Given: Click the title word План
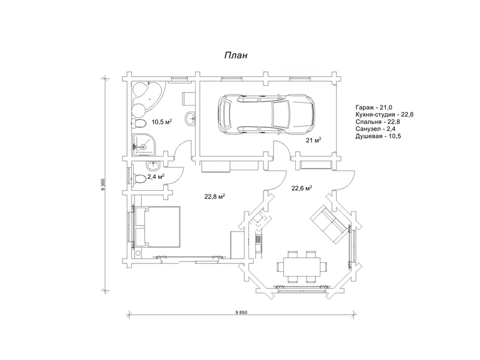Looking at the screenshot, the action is click(236, 55).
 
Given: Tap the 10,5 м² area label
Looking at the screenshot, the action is click(161, 122).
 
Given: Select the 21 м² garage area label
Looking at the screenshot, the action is click(313, 140).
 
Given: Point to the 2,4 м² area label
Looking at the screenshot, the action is click(156, 176).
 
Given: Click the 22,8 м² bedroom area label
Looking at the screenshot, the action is click(215, 196).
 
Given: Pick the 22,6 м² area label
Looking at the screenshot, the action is click(302, 188).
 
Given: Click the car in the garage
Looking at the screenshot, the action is click(266, 113).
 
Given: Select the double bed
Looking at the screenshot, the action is click(158, 227).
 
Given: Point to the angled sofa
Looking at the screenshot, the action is click(329, 224).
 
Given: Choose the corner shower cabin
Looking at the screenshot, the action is click(144, 145).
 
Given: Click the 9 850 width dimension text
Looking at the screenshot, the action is click(241, 313).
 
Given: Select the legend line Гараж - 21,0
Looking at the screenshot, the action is click(374, 107).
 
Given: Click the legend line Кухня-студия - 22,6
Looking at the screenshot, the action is click(385, 115).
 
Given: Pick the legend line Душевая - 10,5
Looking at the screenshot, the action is click(378, 136).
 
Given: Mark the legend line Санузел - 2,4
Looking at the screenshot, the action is click(376, 129).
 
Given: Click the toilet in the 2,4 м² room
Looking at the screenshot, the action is click(139, 179).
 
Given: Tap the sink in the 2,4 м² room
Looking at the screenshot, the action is click(153, 167).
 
